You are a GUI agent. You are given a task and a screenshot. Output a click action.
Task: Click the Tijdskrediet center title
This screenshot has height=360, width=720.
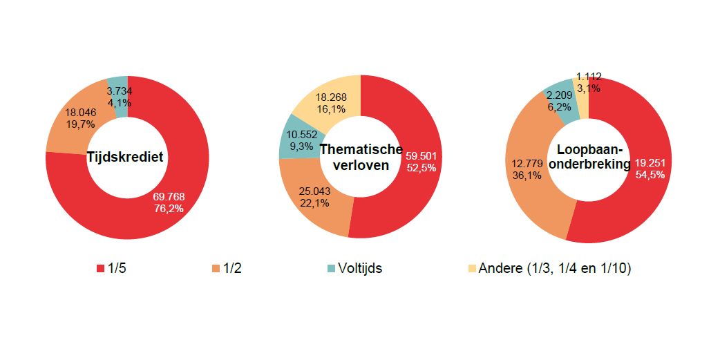coord(125,157)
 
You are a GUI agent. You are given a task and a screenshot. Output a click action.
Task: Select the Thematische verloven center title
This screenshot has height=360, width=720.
coord(360,157)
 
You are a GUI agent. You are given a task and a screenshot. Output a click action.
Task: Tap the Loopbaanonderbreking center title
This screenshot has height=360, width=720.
coord(589,157)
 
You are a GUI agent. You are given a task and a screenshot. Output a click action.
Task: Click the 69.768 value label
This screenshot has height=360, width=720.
coord(169,197)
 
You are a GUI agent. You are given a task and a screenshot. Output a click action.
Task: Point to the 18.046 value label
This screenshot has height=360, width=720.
coord(80,112)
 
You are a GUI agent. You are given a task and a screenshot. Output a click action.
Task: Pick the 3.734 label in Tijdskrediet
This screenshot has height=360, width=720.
coord(120,91)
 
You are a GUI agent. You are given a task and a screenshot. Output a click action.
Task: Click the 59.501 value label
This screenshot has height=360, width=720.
coord(421,155)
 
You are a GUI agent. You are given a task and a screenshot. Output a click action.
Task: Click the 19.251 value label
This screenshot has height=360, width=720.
coord(650,162)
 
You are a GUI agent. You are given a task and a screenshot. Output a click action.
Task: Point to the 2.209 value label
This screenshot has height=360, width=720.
coord(560,95)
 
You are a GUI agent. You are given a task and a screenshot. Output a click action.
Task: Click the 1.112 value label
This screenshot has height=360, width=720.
coord(588,77)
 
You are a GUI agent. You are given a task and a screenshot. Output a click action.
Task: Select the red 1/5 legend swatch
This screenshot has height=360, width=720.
coord(100,268)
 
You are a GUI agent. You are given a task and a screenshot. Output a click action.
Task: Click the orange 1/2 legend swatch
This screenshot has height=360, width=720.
coord(216,268)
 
